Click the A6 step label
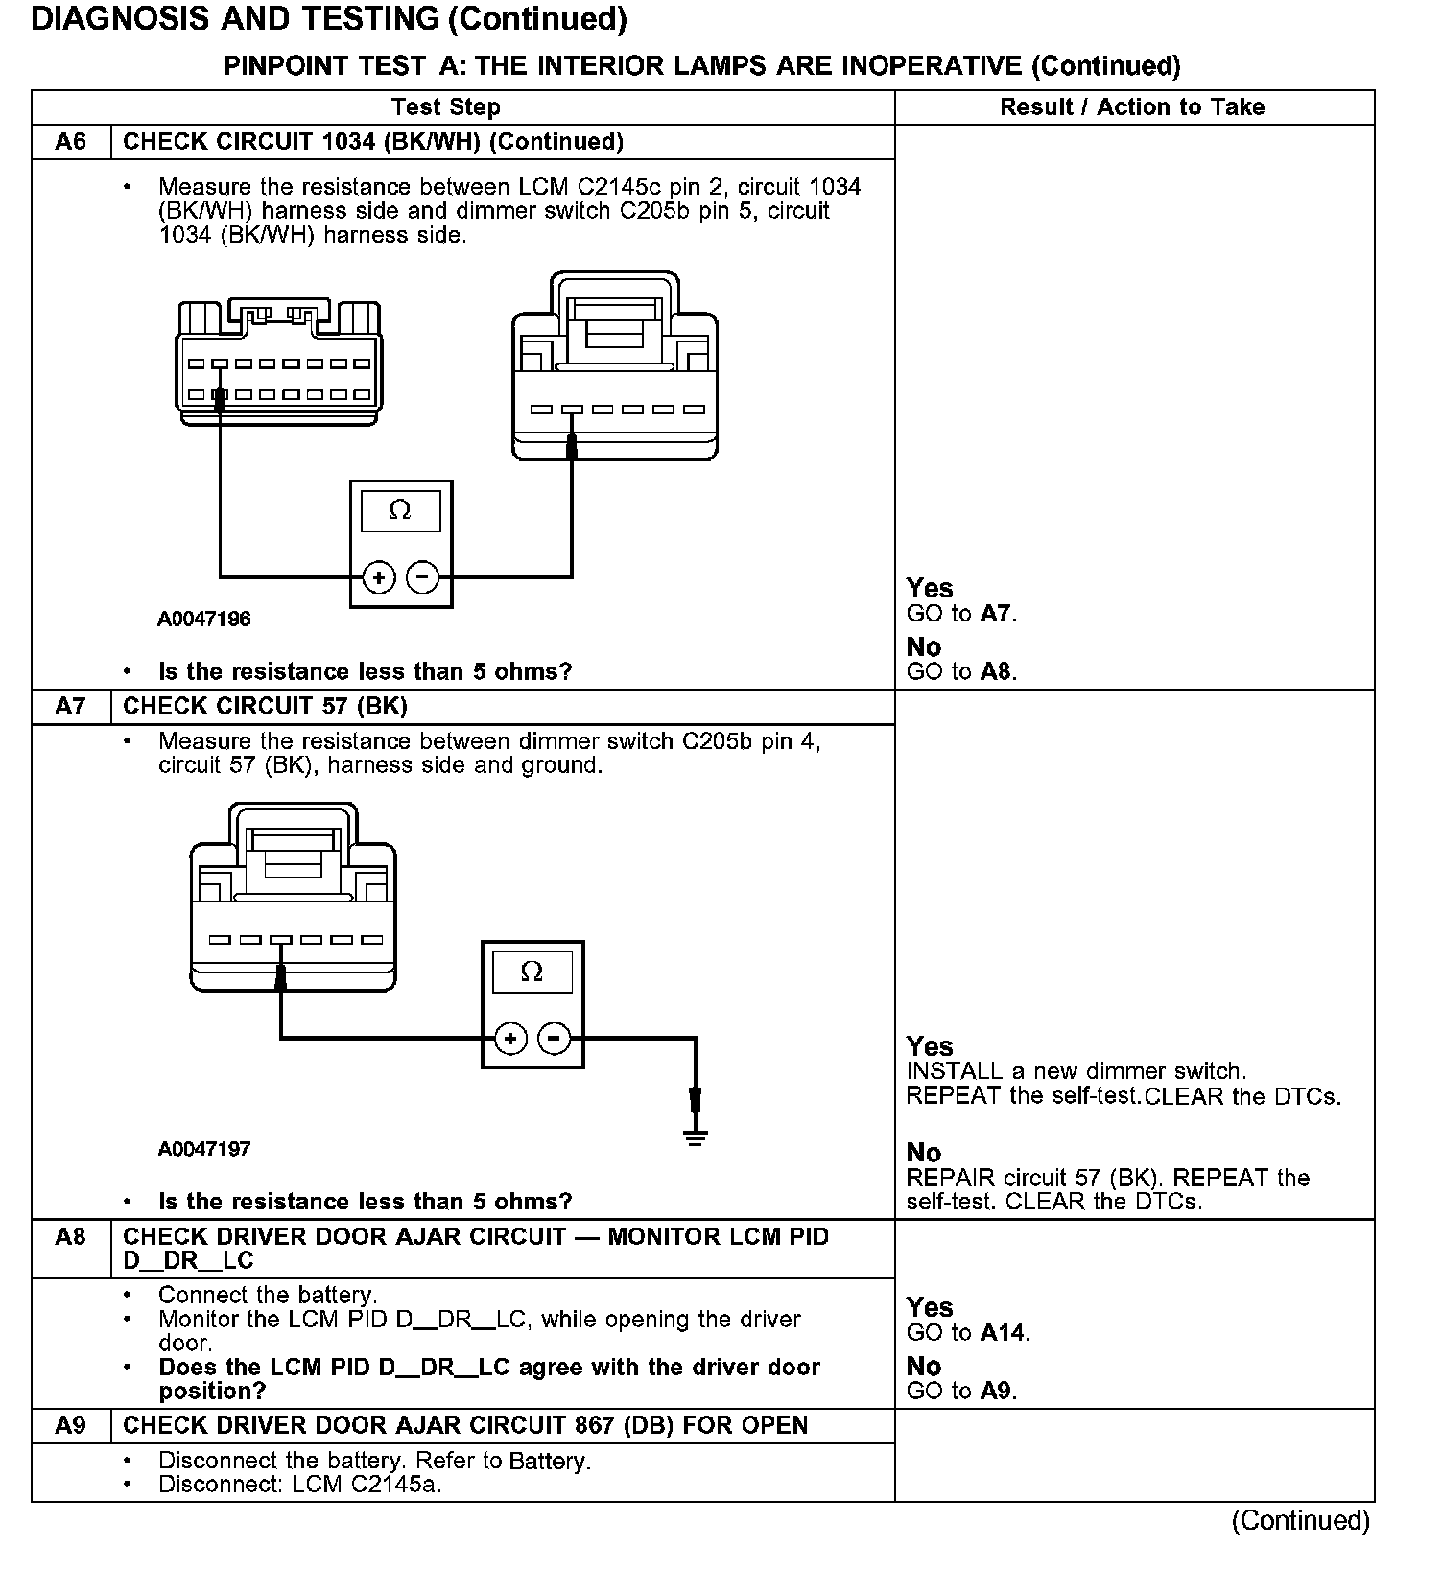pos(71,142)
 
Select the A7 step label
pos(71,707)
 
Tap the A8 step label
pos(71,1237)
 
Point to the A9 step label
pos(71,1426)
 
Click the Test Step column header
pos(445,107)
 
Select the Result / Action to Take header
pos(1132,107)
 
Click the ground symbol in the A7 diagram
pos(696,1137)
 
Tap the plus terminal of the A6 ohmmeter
pos(379,577)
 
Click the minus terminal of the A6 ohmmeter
pos(422,577)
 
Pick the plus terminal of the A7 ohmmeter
pos(510,1039)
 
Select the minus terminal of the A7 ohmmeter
pos(555,1039)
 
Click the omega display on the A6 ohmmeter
pos(400,511)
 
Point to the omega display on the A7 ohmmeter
pos(532,972)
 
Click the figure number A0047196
pos(204,620)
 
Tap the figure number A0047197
pos(204,1149)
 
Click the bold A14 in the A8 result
pos(1004,1333)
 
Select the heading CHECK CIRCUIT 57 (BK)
pos(266,707)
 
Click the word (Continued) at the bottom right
pos(1301,1521)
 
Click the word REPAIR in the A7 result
pos(951,1178)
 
